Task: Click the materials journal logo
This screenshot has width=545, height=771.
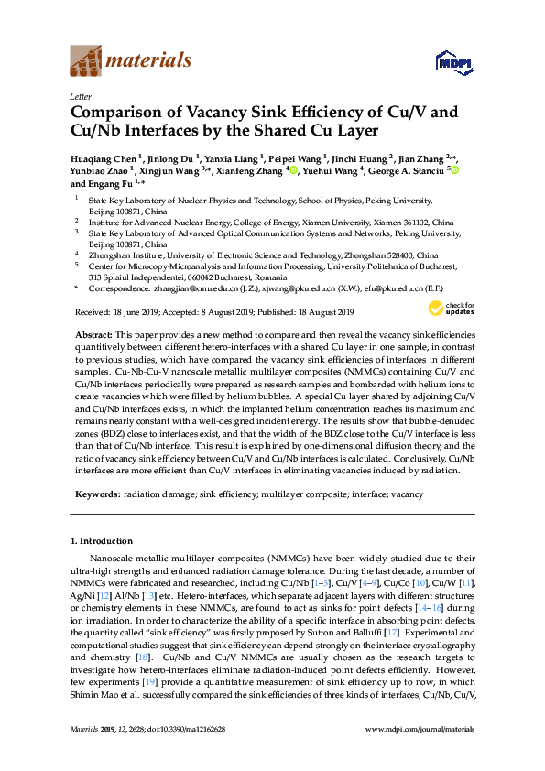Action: (130, 60)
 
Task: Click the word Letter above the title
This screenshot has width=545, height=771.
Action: (79, 96)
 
